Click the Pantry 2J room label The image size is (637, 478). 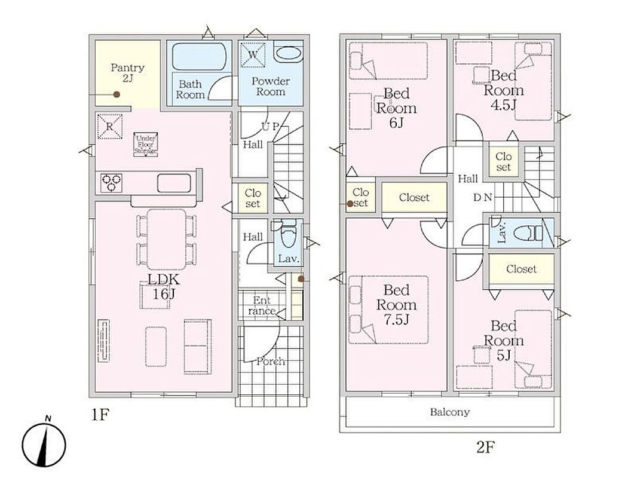(127, 73)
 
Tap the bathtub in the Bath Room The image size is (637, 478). (199, 56)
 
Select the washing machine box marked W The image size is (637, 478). (253, 54)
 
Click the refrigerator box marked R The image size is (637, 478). (109, 126)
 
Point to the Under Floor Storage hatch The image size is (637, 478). (146, 145)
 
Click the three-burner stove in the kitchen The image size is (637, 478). (112, 182)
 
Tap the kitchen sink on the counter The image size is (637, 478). (174, 183)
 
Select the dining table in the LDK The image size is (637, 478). (167, 239)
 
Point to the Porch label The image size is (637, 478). (271, 361)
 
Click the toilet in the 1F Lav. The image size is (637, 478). (287, 234)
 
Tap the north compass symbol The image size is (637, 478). (44, 444)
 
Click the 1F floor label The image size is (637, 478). (100, 415)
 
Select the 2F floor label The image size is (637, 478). (485, 448)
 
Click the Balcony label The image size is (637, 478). (450, 412)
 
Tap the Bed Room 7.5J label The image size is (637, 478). (396, 305)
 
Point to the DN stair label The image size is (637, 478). (483, 198)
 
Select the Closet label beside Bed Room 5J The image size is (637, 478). (521, 269)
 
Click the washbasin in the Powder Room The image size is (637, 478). (289, 54)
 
